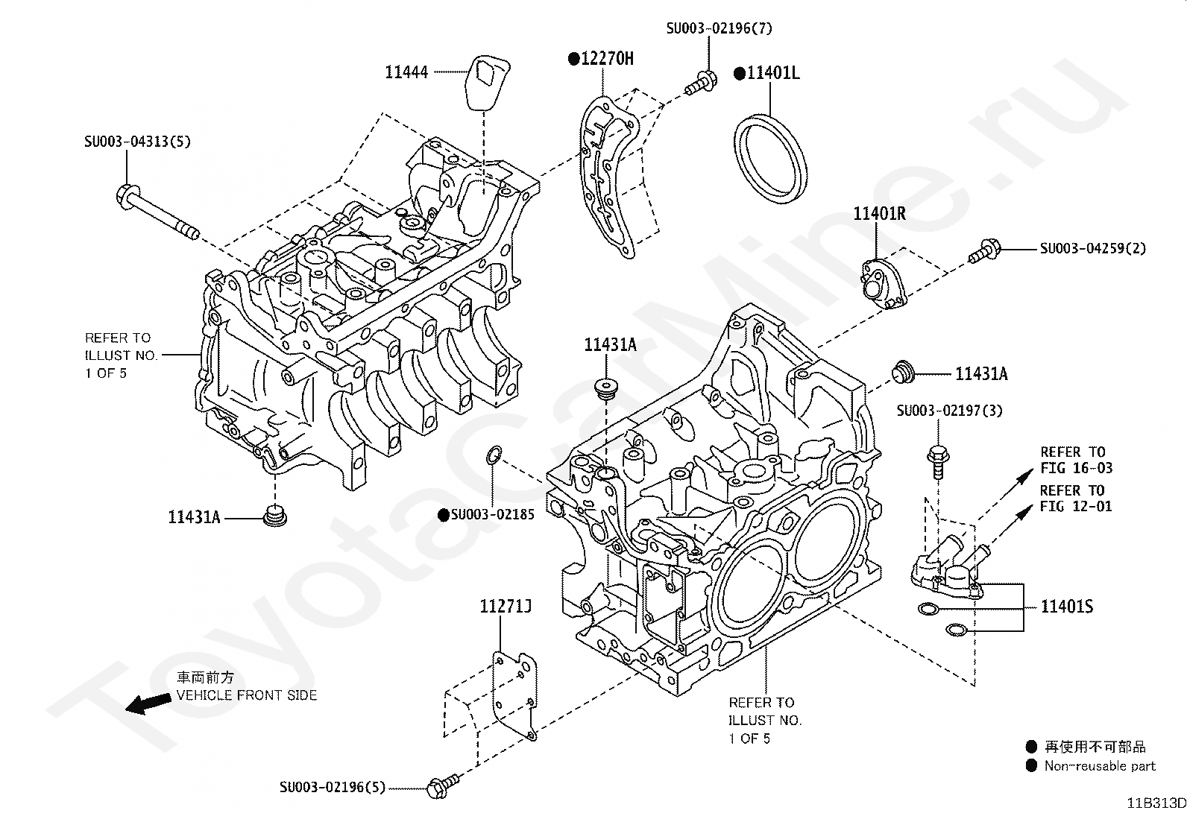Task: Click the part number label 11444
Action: [406, 72]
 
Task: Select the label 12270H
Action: [606, 59]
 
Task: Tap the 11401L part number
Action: [772, 73]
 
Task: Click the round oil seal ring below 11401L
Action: [770, 157]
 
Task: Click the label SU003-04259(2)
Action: [1092, 248]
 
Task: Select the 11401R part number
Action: [879, 214]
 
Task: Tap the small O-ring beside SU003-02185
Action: [493, 455]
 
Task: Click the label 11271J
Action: [505, 607]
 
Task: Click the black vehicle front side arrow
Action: [148, 702]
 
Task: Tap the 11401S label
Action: [1067, 607]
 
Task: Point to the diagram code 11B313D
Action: [1156, 803]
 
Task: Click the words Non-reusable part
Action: [1099, 765]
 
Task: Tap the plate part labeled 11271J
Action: [515, 698]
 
